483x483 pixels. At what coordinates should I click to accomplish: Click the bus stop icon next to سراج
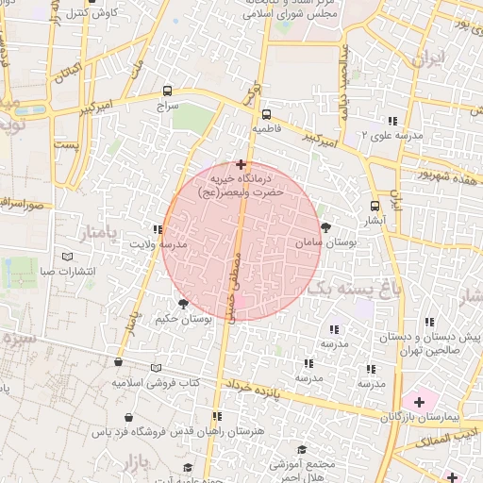tap(167, 92)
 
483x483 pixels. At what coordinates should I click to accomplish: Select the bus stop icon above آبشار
tap(375, 206)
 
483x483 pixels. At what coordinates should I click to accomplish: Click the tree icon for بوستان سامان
tap(325, 226)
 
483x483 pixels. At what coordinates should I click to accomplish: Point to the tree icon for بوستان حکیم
tap(182, 304)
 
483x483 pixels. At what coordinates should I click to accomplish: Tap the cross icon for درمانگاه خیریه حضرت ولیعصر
tap(241, 164)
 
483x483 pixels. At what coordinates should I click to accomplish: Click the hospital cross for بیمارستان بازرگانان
tap(419, 402)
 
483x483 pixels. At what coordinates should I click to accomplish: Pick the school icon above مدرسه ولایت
tap(157, 229)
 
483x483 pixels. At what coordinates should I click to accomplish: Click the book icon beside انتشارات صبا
tap(66, 257)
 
